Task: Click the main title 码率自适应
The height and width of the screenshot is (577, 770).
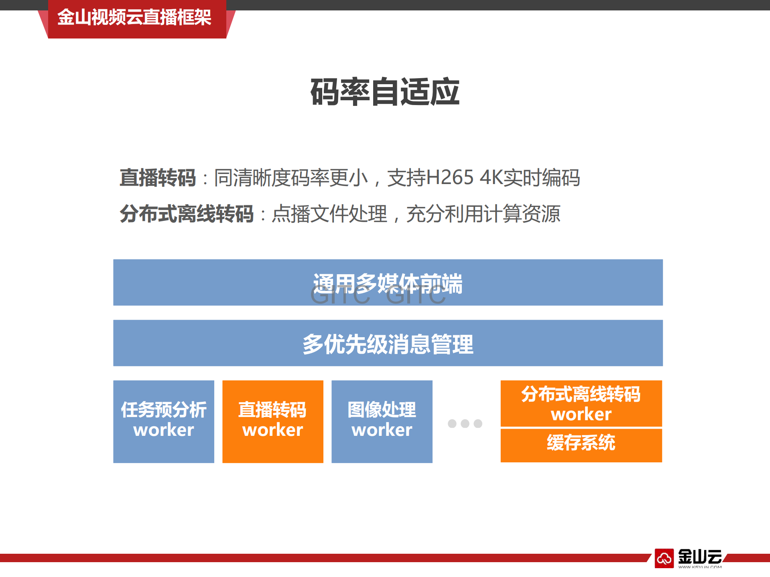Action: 385,92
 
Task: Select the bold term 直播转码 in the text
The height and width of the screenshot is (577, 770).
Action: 158,178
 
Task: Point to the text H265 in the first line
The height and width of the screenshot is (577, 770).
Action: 449,178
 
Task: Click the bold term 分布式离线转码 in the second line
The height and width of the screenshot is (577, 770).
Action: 187,213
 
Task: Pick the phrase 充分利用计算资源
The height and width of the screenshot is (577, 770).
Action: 483,213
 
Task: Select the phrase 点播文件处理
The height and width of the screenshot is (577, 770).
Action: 329,213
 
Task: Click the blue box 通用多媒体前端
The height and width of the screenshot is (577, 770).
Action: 388,282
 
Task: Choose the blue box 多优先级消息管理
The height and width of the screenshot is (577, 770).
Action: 388,343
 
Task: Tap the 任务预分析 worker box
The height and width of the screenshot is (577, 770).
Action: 164,421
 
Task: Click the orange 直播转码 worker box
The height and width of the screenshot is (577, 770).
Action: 273,421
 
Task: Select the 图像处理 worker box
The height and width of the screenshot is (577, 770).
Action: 382,421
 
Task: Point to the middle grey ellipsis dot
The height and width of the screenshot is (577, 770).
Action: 465,423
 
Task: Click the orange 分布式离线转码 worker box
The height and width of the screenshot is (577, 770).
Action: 581,403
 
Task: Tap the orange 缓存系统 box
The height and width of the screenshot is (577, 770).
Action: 581,445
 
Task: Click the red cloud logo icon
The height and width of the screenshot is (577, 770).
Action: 664,558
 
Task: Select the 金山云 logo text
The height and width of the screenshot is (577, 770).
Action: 700,557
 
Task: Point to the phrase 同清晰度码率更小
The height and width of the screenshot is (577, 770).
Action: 291,178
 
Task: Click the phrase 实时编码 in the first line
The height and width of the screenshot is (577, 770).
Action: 541,178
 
